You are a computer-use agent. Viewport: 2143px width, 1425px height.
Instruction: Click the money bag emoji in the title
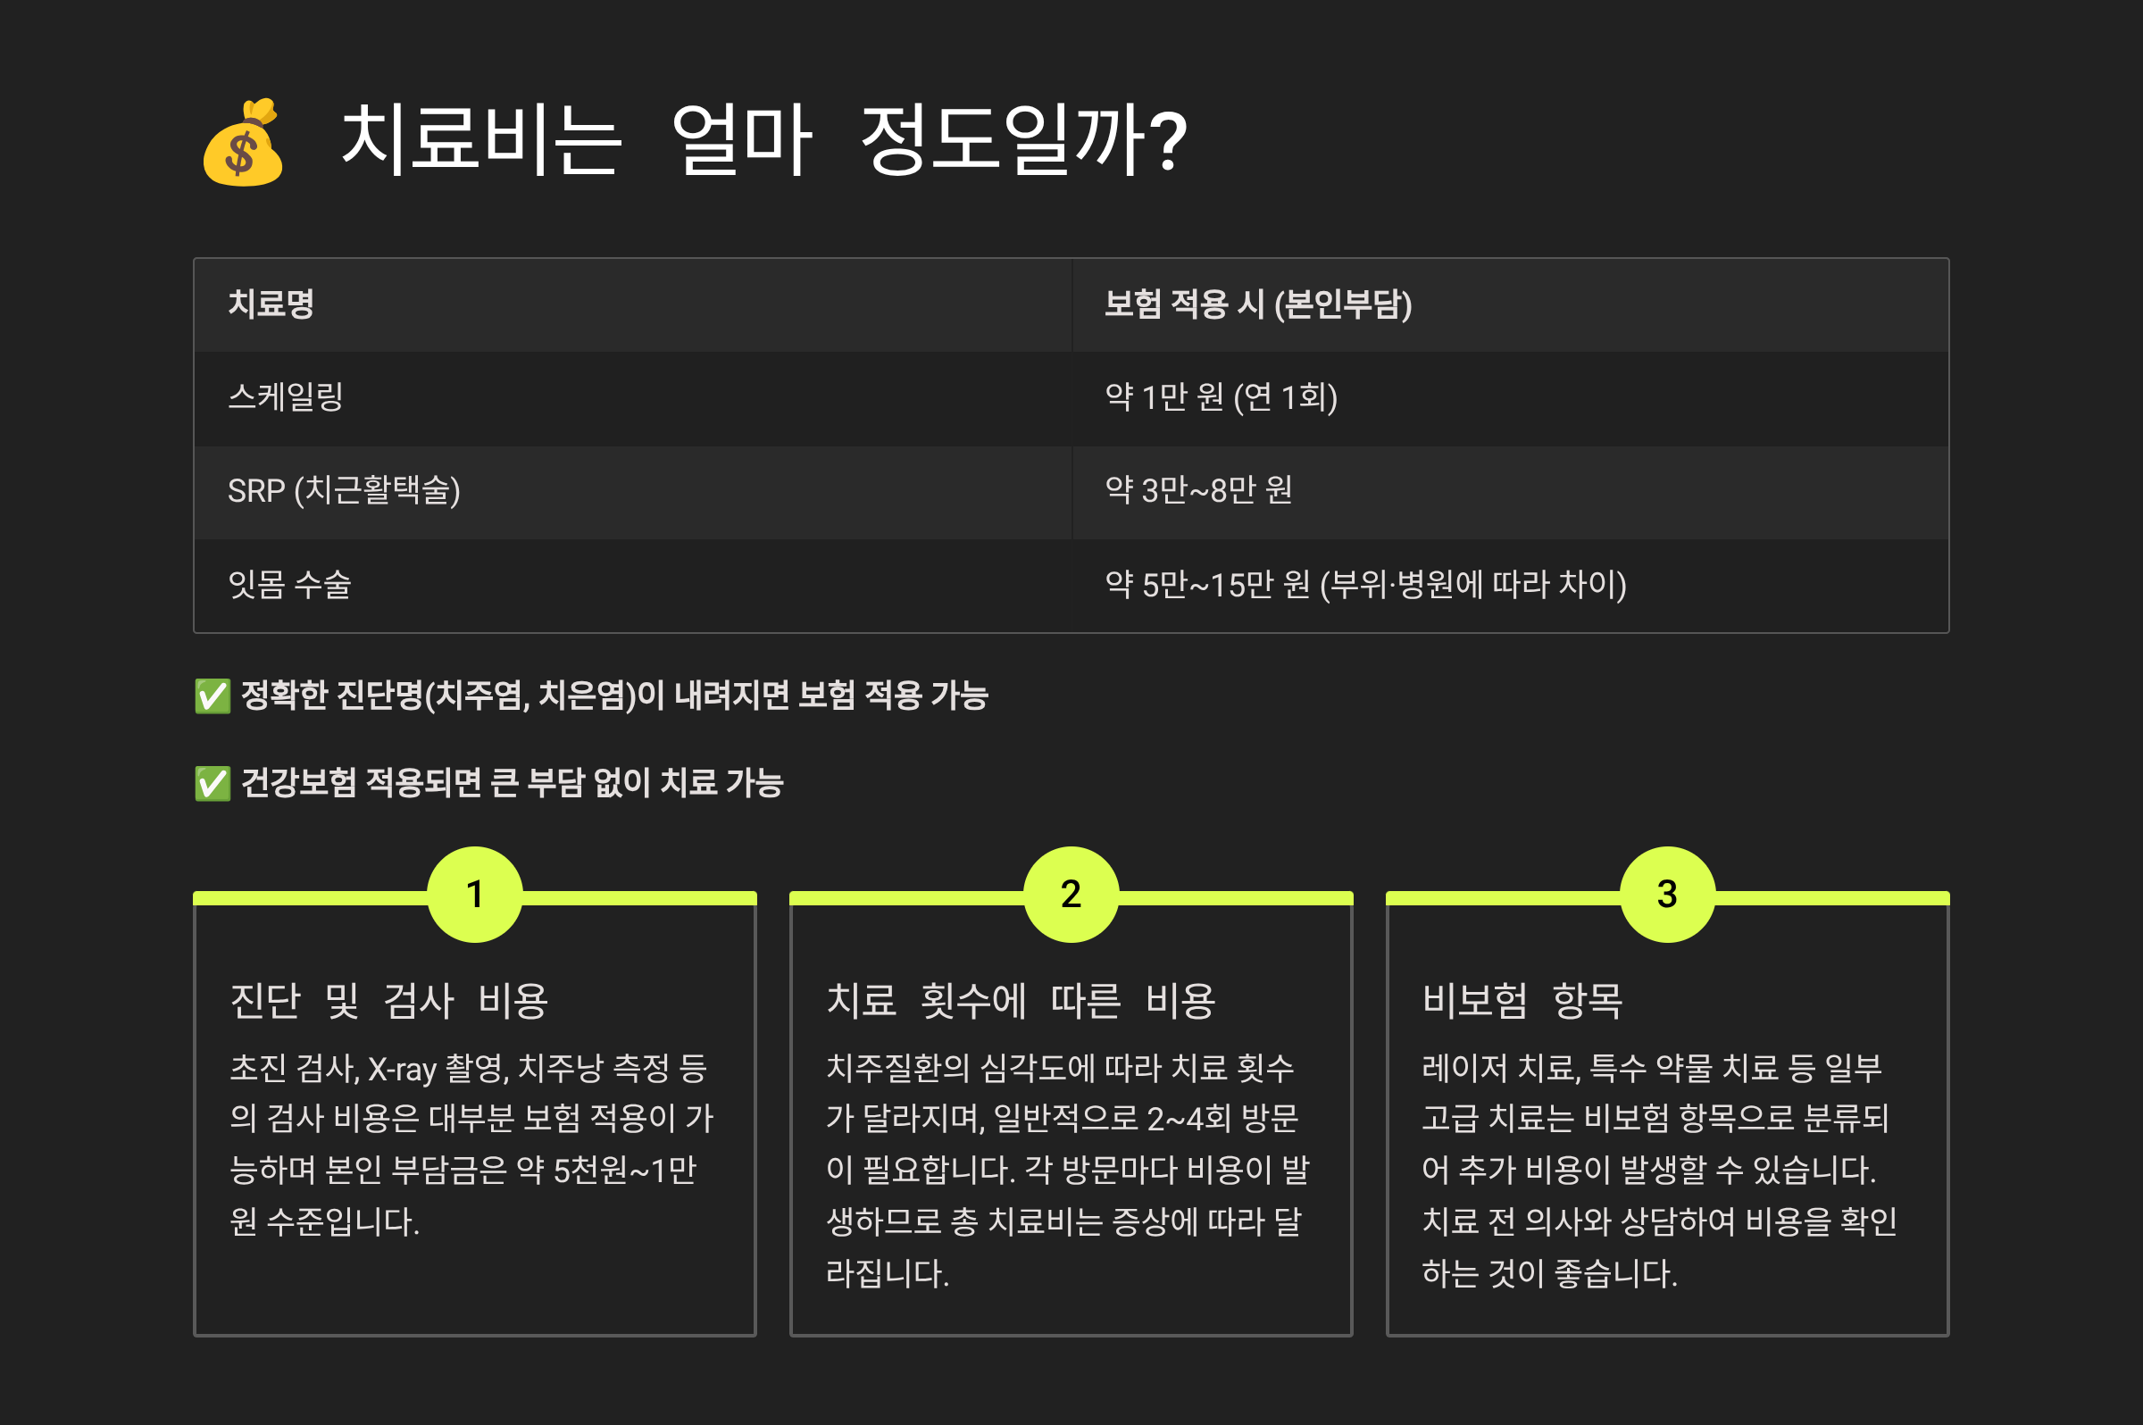pyautogui.click(x=243, y=143)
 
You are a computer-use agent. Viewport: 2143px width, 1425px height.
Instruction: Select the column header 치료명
pyautogui.click(x=271, y=304)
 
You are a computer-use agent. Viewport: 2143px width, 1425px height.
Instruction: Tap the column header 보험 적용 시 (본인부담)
pyautogui.click(x=1258, y=304)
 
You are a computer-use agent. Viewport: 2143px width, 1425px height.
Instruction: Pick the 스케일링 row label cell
pyautogui.click(x=286, y=397)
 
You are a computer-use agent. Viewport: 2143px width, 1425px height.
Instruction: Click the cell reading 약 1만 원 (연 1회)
pyautogui.click(x=1221, y=397)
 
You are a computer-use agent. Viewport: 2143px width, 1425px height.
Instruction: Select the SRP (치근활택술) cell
pyautogui.click(x=344, y=491)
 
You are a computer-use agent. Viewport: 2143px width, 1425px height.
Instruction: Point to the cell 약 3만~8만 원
pyautogui.click(x=1197, y=491)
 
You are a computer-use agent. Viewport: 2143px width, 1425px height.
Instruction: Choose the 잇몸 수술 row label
pyautogui.click(x=289, y=584)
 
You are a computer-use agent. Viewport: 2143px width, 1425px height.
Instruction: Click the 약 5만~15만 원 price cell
pyautogui.click(x=1365, y=584)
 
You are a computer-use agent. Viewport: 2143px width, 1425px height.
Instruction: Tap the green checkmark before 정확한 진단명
pyautogui.click(x=213, y=696)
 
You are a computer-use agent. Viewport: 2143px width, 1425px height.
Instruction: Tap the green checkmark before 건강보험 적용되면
pyautogui.click(x=213, y=783)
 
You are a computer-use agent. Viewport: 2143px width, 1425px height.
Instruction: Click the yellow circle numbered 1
pyautogui.click(x=474, y=895)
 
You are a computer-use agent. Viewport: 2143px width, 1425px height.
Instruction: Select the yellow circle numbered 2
pyautogui.click(x=1071, y=895)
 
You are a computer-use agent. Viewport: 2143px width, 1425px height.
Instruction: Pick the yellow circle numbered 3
pyautogui.click(x=1667, y=895)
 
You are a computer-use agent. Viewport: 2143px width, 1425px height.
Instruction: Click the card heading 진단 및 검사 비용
pyautogui.click(x=389, y=1001)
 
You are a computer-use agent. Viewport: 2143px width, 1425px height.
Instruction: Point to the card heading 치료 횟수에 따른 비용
pyautogui.click(x=1021, y=1001)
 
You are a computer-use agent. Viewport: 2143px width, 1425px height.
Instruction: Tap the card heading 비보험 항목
pyautogui.click(x=1522, y=1001)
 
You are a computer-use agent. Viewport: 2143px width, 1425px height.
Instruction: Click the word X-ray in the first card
pyautogui.click(x=402, y=1070)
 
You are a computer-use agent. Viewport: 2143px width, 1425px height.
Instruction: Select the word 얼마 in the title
pyautogui.click(x=741, y=141)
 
